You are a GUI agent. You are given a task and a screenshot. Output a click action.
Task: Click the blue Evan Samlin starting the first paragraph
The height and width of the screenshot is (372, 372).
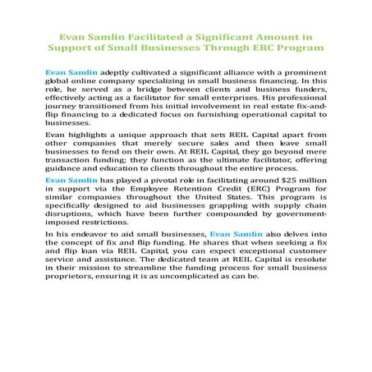[71, 73]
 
